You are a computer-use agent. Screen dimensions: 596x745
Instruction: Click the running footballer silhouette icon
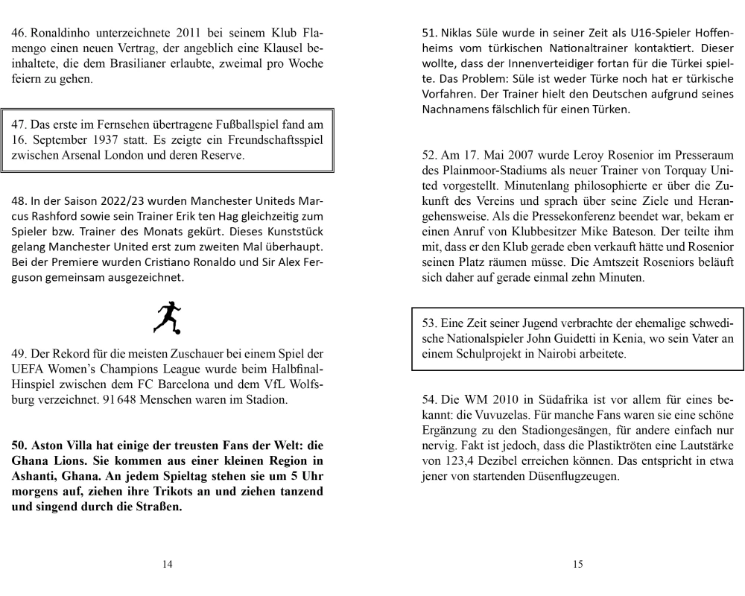(x=168, y=317)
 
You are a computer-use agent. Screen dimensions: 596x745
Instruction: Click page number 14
(x=168, y=564)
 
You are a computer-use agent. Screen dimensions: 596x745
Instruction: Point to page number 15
(x=578, y=564)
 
